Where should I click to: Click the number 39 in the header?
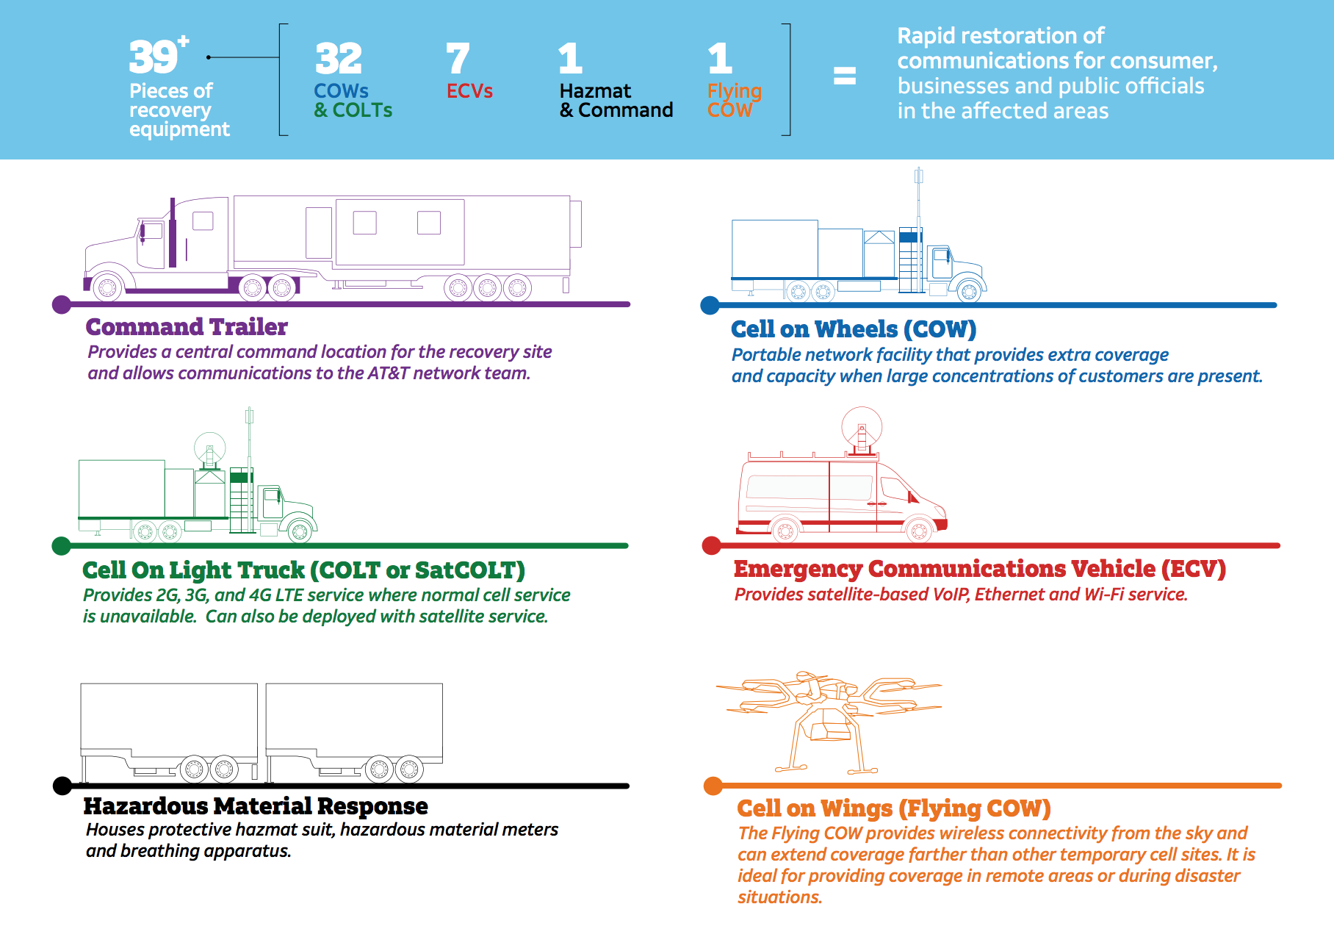[154, 57]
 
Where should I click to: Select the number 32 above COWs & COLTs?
[339, 59]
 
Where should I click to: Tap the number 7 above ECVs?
[457, 59]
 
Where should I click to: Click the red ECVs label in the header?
[469, 91]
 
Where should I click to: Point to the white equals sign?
[845, 76]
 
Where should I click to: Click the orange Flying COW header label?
[734, 101]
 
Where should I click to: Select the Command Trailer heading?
[187, 326]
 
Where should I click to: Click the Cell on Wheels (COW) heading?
[854, 329]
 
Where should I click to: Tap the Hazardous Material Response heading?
[256, 806]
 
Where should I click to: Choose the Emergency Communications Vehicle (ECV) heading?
[979, 569]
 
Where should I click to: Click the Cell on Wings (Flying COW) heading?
[894, 808]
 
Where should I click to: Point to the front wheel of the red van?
[918, 529]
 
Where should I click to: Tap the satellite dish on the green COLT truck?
[209, 447]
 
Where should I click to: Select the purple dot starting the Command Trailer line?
[62, 304]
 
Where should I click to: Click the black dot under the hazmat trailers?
[62, 786]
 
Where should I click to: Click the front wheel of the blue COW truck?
[969, 292]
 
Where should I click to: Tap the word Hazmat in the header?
[595, 91]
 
